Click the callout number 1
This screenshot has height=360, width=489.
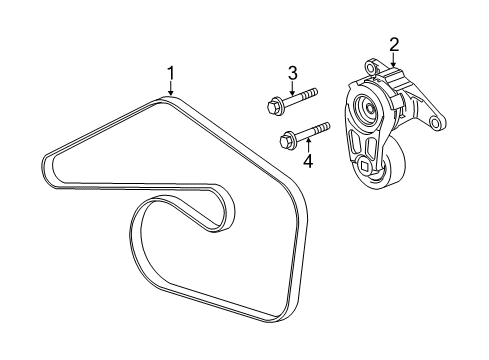tap(171, 73)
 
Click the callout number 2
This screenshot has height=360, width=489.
tap(394, 45)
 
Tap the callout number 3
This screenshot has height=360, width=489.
tap(293, 72)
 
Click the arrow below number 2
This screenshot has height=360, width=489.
tap(392, 60)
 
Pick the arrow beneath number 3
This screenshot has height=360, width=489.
tap(293, 87)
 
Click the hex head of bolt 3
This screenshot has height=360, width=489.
tap(273, 102)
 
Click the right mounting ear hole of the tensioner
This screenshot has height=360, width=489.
tap(434, 123)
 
